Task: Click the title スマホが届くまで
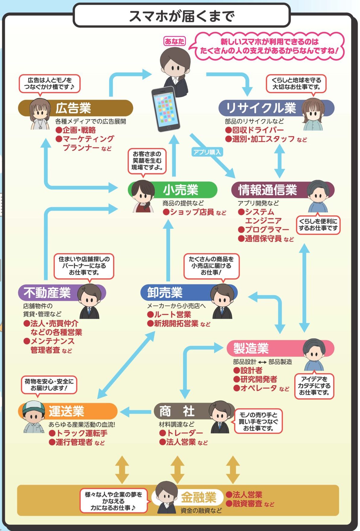(182, 16)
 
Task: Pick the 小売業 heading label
(181, 190)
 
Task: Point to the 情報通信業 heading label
(268, 190)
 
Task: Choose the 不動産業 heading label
(47, 293)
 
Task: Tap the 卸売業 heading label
(165, 293)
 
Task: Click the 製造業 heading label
(251, 348)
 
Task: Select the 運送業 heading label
(66, 411)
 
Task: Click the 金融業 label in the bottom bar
(198, 498)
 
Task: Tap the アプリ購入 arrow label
(207, 152)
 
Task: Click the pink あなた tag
(174, 41)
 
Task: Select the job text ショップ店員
(192, 212)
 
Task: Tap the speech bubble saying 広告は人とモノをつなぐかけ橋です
(50, 83)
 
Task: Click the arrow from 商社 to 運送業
(135, 412)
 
